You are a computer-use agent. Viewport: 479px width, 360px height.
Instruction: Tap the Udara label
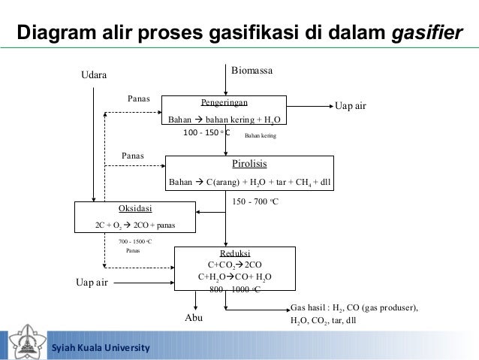pos(94,75)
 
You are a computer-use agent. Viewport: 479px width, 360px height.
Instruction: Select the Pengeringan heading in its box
pos(224,102)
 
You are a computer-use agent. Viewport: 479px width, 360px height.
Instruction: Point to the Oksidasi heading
pos(135,207)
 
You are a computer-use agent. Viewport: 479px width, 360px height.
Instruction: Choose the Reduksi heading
pos(235,253)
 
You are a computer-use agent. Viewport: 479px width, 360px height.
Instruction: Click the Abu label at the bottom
pos(194,319)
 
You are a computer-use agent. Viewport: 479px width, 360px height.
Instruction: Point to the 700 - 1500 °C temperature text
pos(135,242)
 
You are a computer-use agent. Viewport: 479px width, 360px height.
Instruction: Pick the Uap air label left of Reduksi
pos(92,283)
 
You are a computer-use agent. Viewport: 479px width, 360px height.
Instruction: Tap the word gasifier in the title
pos(426,33)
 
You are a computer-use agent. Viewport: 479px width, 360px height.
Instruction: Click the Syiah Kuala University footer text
pos(100,348)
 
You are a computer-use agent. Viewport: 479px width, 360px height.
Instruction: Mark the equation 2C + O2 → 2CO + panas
pos(135,224)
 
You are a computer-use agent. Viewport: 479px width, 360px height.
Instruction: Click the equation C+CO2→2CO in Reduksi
pos(234,265)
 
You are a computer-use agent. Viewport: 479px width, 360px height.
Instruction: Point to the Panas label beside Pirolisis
pos(133,156)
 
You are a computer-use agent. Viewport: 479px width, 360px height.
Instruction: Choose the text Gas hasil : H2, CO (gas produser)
pos(353,308)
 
